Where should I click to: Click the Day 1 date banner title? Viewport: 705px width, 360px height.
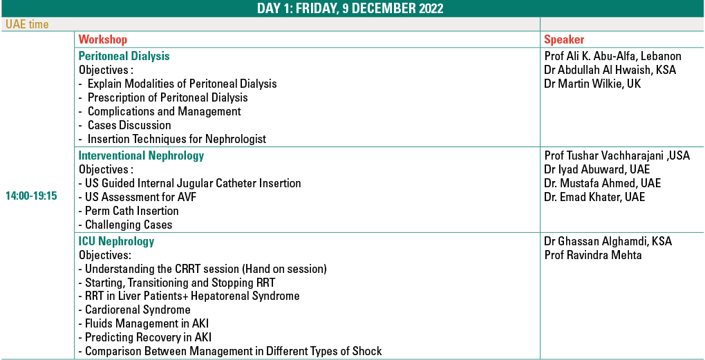(x=350, y=9)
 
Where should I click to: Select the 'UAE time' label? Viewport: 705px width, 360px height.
(x=27, y=24)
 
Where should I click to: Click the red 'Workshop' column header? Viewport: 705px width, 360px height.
(x=103, y=39)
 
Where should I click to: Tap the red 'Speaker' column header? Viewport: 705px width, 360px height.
(x=564, y=39)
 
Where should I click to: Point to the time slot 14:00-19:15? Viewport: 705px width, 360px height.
(x=32, y=196)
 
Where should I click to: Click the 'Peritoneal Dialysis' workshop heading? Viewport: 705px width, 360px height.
(x=124, y=56)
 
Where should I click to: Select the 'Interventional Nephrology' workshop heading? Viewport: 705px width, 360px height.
(x=141, y=156)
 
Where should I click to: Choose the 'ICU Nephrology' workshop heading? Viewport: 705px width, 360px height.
(x=116, y=241)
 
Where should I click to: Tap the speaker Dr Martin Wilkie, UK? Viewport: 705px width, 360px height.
(x=592, y=84)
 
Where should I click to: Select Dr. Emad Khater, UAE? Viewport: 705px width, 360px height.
(x=594, y=197)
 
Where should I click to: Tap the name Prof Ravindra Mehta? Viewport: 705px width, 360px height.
(x=592, y=255)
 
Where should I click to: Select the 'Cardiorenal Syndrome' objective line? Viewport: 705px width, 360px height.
(x=135, y=310)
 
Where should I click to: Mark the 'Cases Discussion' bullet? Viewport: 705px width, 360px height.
(x=125, y=125)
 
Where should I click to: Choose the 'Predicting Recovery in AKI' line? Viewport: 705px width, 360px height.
(x=145, y=337)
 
